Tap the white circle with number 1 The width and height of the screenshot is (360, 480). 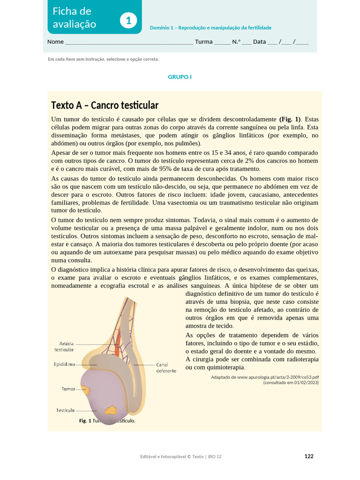128,21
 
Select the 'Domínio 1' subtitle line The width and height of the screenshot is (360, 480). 210,28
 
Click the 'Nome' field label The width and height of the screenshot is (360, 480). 55,42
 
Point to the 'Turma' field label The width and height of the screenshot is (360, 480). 203,42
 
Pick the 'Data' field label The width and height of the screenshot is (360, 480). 259,42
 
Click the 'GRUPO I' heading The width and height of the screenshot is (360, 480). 180,77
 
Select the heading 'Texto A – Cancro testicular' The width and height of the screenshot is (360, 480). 105,105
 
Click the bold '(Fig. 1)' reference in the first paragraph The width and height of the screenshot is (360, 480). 291,119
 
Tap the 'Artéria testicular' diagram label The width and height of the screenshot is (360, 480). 64,346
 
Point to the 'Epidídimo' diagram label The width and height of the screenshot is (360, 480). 65,364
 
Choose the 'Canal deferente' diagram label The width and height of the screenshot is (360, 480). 166,367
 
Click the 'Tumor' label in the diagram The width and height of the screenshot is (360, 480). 68,389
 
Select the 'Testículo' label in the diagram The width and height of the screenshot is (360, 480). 66,410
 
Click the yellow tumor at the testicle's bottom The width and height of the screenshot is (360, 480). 111,411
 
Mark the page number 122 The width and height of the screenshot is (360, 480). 309,456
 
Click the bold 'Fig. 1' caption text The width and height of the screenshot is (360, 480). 85,421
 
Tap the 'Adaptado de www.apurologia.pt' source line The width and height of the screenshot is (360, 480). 265,377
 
